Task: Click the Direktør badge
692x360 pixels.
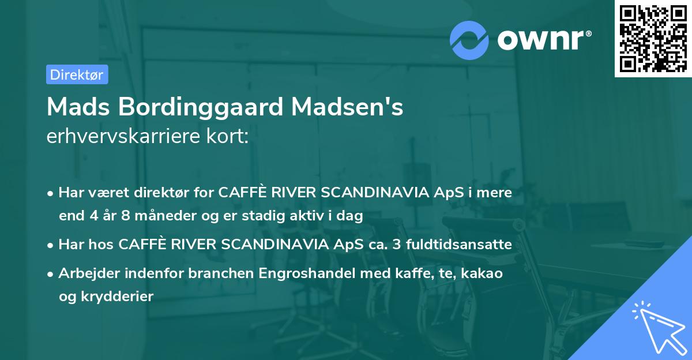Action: coord(77,74)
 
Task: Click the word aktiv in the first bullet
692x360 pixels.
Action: coord(312,216)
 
